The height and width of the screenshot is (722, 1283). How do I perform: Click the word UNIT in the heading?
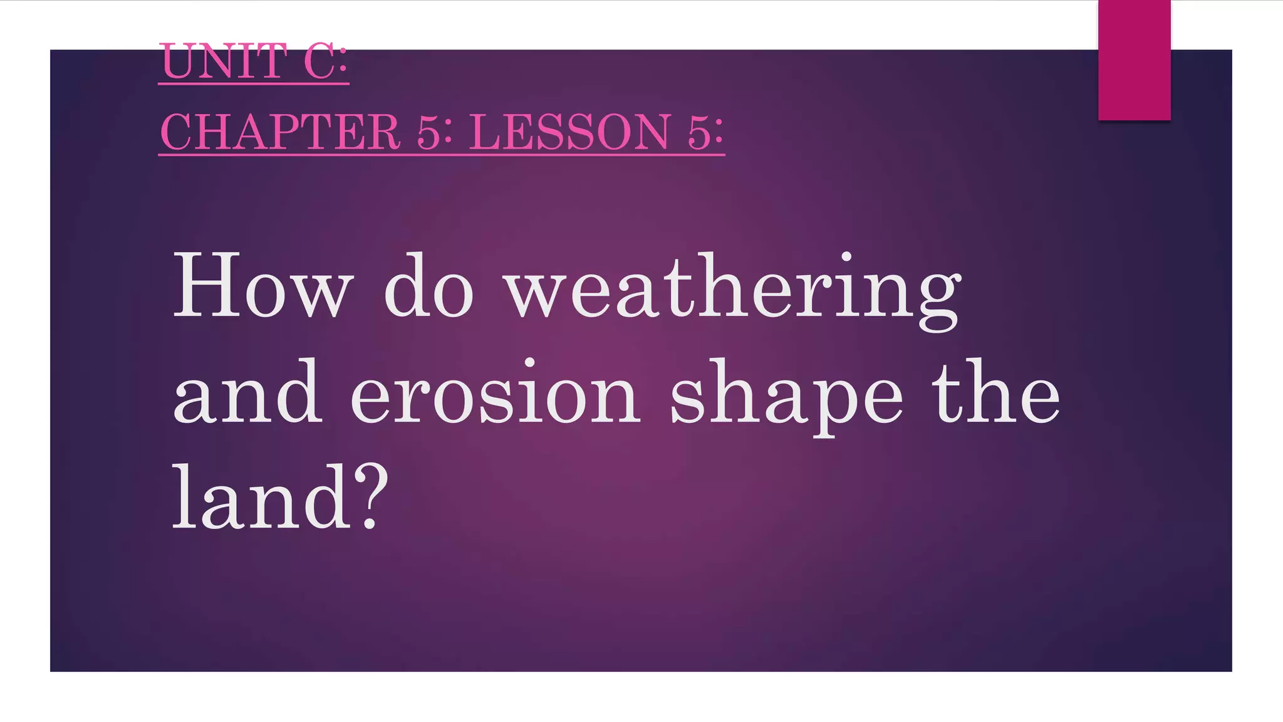pyautogui.click(x=222, y=62)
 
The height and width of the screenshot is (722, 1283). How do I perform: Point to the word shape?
pyautogui.click(x=786, y=395)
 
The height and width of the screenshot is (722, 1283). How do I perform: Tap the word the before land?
pyautogui.click(x=996, y=392)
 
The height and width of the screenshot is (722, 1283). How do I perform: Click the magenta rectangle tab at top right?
pyautogui.click(x=1134, y=60)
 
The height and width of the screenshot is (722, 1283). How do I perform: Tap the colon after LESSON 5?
pyautogui.click(x=717, y=133)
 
